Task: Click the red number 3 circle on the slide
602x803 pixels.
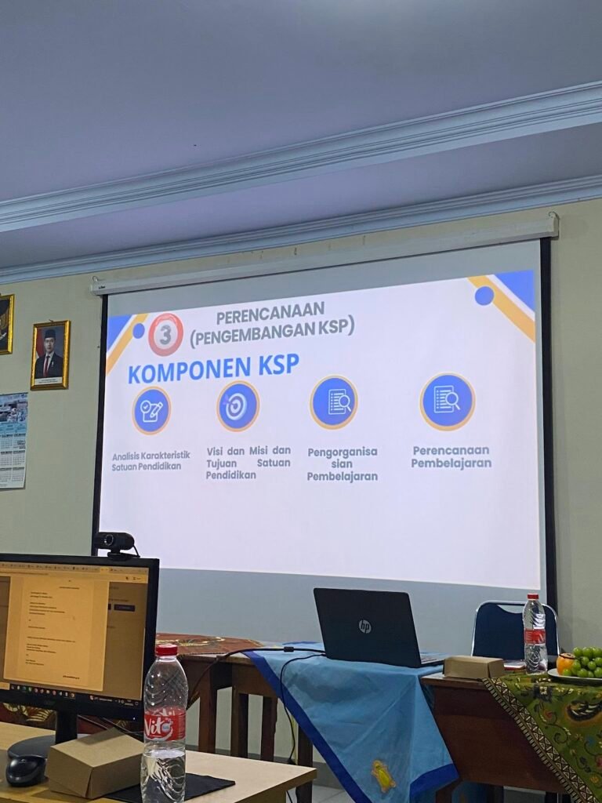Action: pos(165,334)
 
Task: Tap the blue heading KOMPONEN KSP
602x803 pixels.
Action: pos(213,369)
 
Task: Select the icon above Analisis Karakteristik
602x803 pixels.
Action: pos(151,410)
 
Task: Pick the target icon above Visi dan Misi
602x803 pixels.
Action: pos(238,405)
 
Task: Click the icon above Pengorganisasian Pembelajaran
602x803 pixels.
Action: pos(334,402)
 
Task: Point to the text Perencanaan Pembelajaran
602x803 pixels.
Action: pos(451,456)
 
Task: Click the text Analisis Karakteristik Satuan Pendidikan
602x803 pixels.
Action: pos(150,460)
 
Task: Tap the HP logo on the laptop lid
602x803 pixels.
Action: pos(364,626)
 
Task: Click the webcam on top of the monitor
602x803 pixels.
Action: pos(114,542)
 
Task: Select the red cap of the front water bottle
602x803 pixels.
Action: pos(166,649)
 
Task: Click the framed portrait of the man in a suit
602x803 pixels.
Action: pos(50,354)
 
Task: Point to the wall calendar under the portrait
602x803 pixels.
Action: pos(13,440)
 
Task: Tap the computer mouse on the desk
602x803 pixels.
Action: pos(25,771)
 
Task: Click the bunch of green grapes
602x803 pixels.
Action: pos(587,661)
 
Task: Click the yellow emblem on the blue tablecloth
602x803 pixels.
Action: pos(383,776)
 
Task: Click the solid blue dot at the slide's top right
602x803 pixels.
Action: pos(484,296)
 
